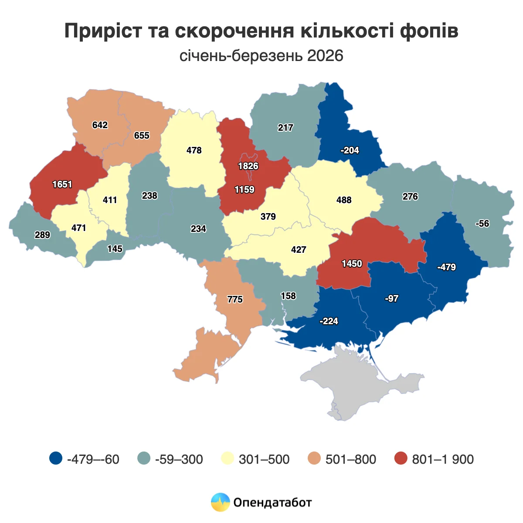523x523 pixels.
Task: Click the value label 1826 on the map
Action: (248, 166)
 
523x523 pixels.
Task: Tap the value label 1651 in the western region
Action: (62, 184)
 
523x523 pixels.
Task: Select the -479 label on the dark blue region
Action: (446, 267)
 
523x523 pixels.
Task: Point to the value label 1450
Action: (352, 264)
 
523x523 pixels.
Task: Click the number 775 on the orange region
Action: (235, 299)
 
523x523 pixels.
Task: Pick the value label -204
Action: (350, 150)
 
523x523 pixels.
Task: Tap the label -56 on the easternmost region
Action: (482, 224)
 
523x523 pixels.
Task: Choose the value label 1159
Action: (245, 190)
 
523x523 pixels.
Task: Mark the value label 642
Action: (100, 125)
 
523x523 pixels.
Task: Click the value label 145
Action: (115, 249)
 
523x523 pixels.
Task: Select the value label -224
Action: (329, 321)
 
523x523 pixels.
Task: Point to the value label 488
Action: (344, 200)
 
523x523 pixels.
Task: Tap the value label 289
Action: (42, 235)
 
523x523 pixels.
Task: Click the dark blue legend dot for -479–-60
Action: (56, 458)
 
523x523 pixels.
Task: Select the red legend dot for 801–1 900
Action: (401, 458)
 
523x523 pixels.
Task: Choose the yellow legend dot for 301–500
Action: (227, 458)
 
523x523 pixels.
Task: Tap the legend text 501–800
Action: (350, 459)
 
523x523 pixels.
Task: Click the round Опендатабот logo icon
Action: (220, 502)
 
